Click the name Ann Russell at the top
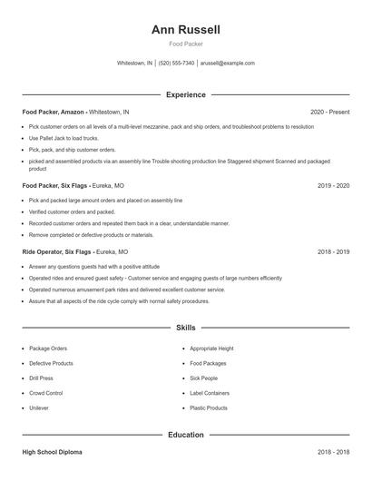tap(186, 30)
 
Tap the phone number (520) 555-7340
tap(176, 64)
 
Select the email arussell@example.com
tap(227, 64)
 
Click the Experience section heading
tap(186, 94)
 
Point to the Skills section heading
tap(186, 328)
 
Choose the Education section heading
tap(186, 435)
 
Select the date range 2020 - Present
tap(329, 112)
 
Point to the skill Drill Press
tap(41, 378)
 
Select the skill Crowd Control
tap(45, 393)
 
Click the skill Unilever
tap(39, 408)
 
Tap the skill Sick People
tap(203, 378)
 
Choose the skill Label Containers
tap(210, 393)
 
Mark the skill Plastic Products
tap(209, 408)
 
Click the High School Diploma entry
tap(53, 451)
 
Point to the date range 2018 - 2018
tap(333, 451)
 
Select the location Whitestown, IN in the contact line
tap(135, 64)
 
